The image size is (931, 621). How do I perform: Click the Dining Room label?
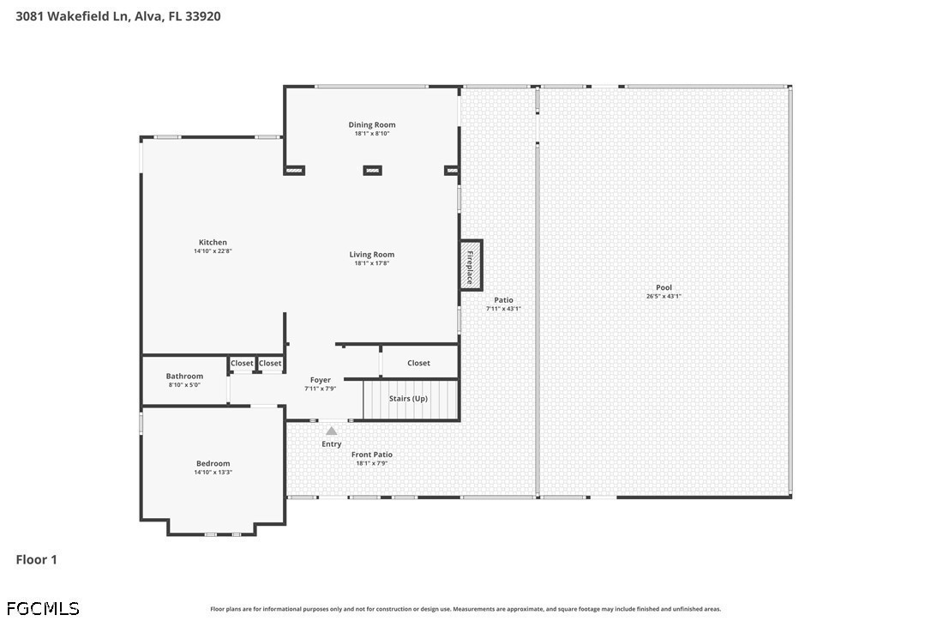(372, 124)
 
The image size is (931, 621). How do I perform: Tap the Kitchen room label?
(213, 243)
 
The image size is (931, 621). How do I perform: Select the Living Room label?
(372, 255)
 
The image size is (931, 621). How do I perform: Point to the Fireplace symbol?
(471, 265)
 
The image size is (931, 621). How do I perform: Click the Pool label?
(664, 287)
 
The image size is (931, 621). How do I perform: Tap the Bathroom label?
(184, 377)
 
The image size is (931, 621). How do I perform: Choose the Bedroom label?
(213, 463)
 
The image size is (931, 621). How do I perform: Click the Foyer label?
(321, 380)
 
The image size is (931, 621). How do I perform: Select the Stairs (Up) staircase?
(411, 400)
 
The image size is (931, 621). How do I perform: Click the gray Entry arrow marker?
(331, 431)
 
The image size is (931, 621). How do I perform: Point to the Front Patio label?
(372, 455)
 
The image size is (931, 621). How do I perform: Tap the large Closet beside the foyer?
(418, 363)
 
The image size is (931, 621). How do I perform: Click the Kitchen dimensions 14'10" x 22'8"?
(213, 251)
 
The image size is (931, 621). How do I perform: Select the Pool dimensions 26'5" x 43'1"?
(664, 297)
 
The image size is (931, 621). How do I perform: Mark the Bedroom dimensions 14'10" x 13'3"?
(213, 473)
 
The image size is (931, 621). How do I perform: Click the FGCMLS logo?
(43, 608)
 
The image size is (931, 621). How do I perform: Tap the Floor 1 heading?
(36, 560)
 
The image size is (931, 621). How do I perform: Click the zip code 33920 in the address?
(202, 16)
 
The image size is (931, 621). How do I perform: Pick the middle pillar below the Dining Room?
(372, 171)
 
